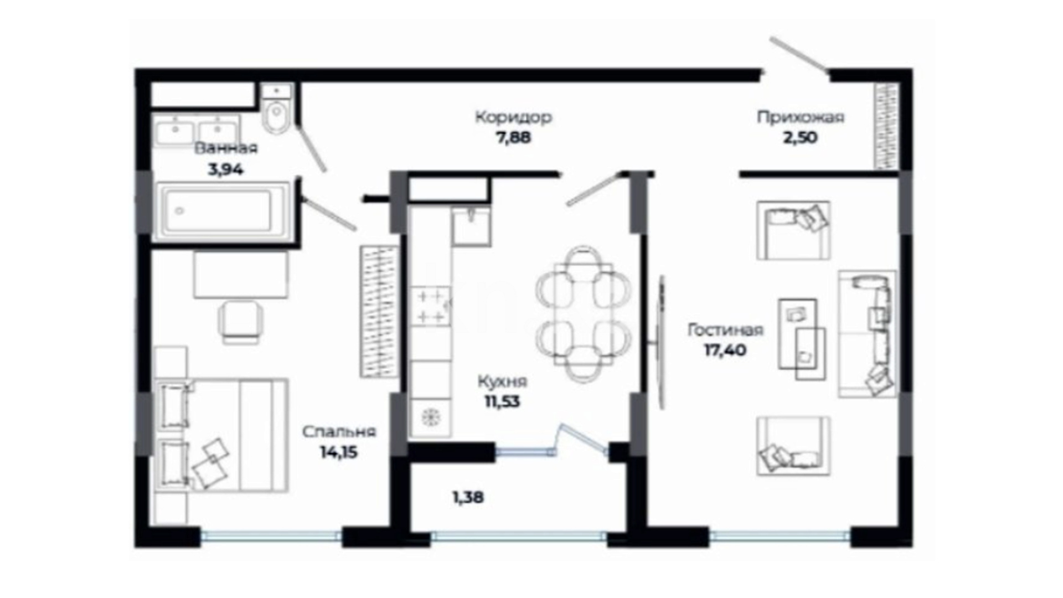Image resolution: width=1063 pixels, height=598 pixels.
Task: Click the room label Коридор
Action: (513, 117)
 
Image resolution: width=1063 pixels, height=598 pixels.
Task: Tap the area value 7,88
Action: (513, 137)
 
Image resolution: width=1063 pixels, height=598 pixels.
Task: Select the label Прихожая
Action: (801, 118)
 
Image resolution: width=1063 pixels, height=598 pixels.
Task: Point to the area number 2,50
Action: (800, 137)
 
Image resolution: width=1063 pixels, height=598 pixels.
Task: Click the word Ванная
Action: (226, 148)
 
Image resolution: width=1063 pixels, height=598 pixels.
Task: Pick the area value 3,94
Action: (225, 169)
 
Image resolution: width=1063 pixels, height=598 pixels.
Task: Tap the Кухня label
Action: (502, 381)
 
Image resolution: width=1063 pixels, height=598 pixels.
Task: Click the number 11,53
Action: (502, 401)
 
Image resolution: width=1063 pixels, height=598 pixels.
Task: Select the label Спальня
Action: (339, 431)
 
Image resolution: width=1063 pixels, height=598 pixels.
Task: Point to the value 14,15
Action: (339, 452)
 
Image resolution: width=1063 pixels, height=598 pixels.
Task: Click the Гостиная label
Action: (725, 330)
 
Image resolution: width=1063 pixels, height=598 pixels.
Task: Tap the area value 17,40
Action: (725, 350)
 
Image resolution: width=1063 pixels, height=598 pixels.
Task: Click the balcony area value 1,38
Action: (468, 497)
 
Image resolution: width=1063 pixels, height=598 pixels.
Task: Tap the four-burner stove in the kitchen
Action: (431, 306)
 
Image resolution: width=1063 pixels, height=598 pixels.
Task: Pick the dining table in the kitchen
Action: (584, 314)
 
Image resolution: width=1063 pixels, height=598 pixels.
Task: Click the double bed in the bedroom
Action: (223, 435)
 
